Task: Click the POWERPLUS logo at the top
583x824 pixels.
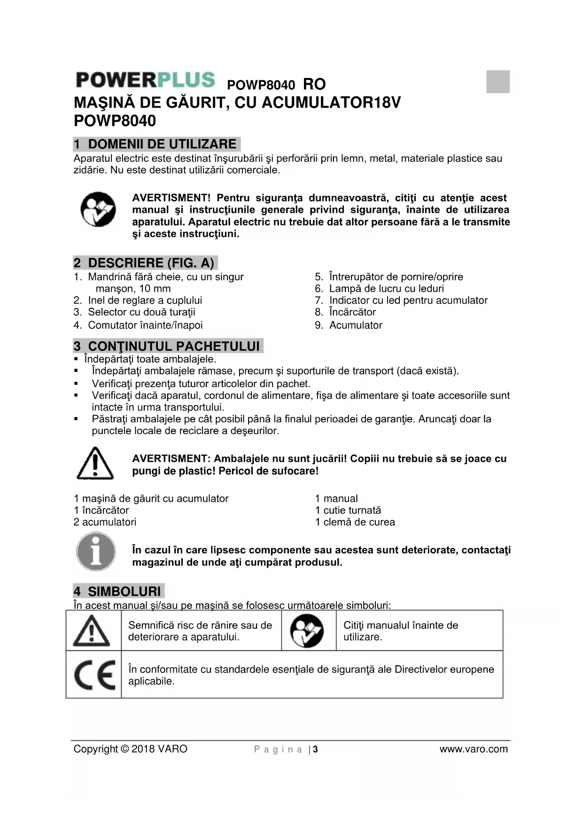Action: click(x=146, y=80)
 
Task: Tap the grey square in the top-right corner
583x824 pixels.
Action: click(x=498, y=81)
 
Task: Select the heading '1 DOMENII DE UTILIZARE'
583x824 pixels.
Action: click(x=157, y=144)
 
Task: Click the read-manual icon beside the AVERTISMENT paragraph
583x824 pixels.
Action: click(x=98, y=209)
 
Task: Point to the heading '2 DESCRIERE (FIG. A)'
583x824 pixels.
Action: click(x=146, y=263)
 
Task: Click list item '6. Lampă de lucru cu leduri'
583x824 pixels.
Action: click(x=379, y=288)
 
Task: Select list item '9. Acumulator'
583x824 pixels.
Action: click(x=349, y=325)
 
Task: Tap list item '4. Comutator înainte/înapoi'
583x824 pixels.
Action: click(x=138, y=325)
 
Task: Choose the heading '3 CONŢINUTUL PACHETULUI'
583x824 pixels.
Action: click(x=168, y=346)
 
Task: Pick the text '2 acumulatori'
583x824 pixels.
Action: click(x=105, y=522)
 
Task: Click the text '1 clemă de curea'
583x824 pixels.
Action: click(x=355, y=522)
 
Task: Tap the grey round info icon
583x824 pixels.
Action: click(x=96, y=552)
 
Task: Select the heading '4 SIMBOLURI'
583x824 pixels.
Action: click(x=119, y=591)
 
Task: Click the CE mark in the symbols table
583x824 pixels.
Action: click(x=94, y=675)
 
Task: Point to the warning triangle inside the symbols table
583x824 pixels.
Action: click(x=92, y=630)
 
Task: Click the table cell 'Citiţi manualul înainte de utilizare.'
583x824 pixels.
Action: click(x=400, y=631)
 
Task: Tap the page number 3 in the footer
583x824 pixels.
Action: click(x=316, y=749)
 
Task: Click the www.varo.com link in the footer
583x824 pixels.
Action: click(x=474, y=749)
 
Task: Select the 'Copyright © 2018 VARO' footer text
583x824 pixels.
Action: click(x=130, y=749)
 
